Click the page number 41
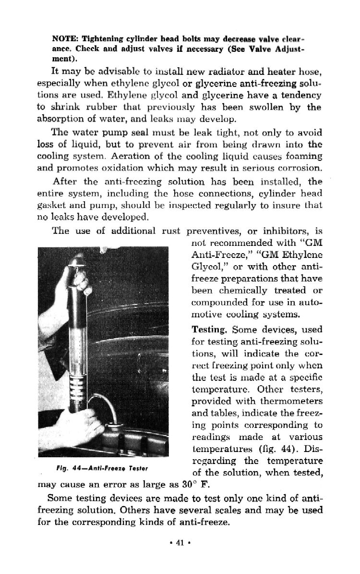(180, 544)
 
